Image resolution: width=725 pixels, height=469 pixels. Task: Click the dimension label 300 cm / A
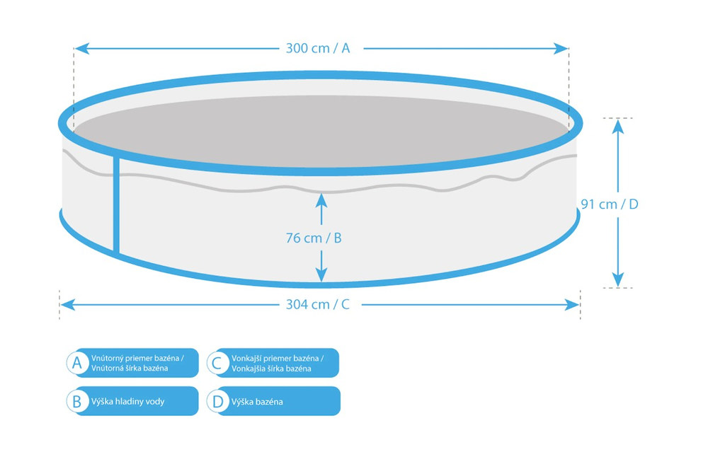coord(318,49)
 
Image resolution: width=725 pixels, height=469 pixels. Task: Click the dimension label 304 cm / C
coord(318,305)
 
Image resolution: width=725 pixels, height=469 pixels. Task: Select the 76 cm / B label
coord(314,238)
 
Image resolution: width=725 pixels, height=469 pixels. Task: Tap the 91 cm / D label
coord(610,204)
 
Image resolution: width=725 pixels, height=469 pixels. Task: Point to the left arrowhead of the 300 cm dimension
coord(80,49)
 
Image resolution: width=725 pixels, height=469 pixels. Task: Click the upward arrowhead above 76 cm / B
coord(321,199)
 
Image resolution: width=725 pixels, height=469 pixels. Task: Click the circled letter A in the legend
coord(77,363)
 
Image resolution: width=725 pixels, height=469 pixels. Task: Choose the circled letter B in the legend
coord(77,401)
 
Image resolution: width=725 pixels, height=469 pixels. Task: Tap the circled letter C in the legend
coord(217,363)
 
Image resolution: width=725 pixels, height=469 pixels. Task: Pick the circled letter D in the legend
coord(217,401)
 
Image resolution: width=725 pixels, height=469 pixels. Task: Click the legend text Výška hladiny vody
coord(127,402)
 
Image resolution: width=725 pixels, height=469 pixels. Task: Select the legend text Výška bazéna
coord(257,402)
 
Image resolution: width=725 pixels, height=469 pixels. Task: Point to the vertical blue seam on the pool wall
coord(116,205)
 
